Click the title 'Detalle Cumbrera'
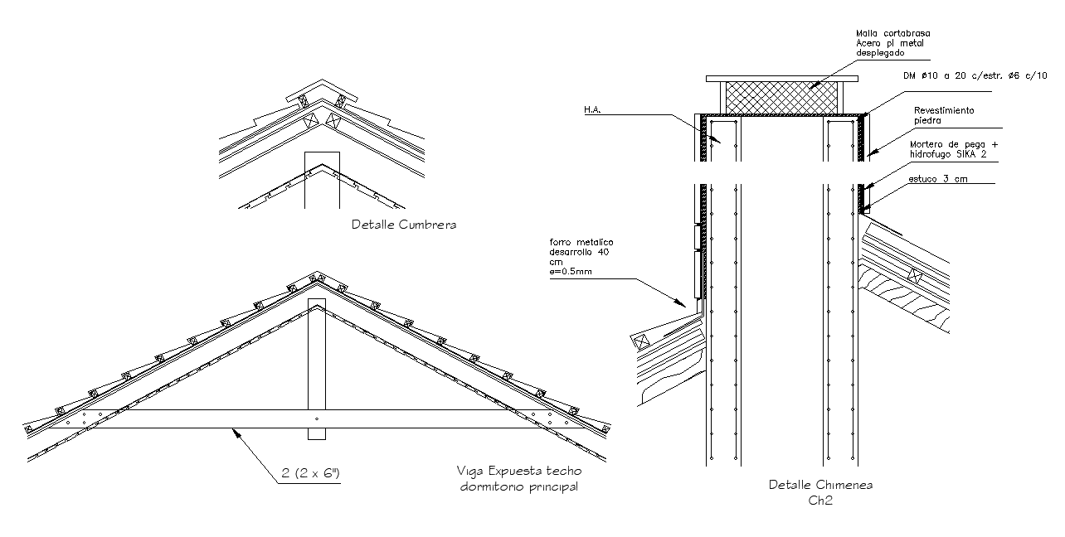click(403, 225)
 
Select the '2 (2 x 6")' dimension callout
click(309, 474)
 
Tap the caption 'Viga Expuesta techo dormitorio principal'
click(518, 479)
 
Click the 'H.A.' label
click(592, 109)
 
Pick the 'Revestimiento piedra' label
click(944, 114)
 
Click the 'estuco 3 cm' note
click(937, 179)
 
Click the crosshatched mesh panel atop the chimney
click(781, 98)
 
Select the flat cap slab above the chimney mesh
click(781, 79)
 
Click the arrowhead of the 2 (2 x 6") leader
click(236, 430)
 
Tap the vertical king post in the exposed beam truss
click(316, 365)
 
